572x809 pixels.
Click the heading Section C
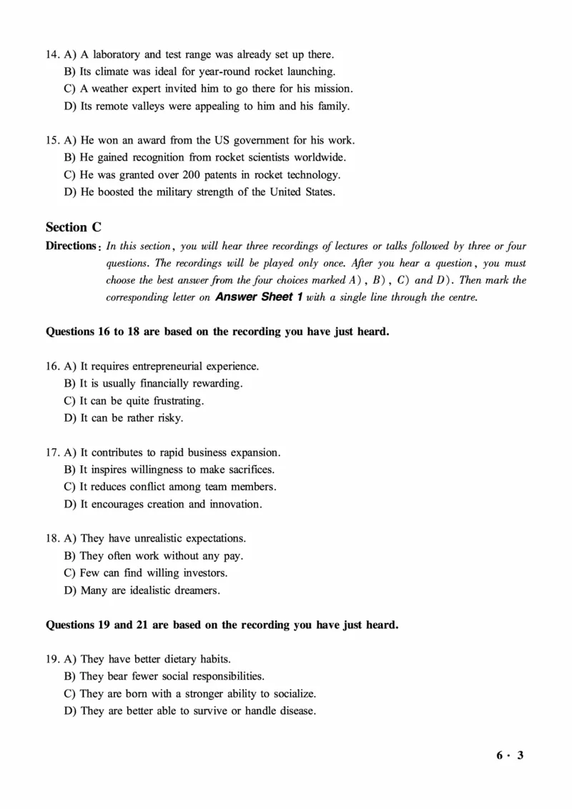click(x=74, y=227)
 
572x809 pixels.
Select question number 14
click(x=53, y=54)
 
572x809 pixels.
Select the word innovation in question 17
click(x=235, y=505)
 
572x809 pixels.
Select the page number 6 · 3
click(x=511, y=755)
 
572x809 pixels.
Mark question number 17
click(x=53, y=452)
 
